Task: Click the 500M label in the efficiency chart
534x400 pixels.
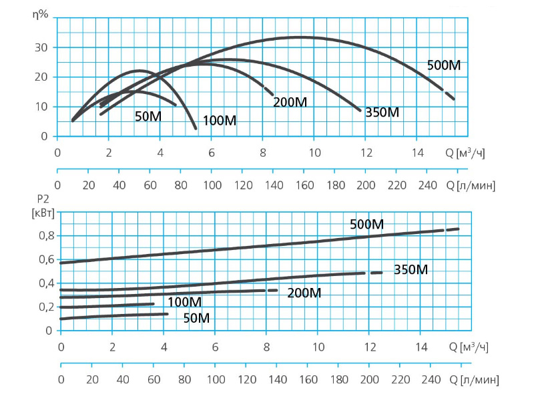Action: [x=444, y=65]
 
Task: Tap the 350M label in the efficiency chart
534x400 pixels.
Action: [x=382, y=113]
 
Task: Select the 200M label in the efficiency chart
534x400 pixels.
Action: [x=290, y=103]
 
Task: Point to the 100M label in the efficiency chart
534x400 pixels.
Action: [x=220, y=121]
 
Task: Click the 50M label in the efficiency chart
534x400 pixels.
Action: [x=148, y=116]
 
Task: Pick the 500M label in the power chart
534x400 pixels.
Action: [x=367, y=225]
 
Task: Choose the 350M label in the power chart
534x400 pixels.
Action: [x=411, y=270]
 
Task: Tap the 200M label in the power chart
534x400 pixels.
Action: [x=304, y=293]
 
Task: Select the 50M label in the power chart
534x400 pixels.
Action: [x=196, y=319]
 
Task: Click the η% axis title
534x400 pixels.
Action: [x=41, y=14]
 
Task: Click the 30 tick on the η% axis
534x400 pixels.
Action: [x=41, y=47]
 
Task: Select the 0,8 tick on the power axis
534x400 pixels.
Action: [x=43, y=236]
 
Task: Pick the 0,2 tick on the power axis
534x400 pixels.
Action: [x=43, y=307]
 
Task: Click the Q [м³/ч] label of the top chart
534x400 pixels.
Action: [x=465, y=153]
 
